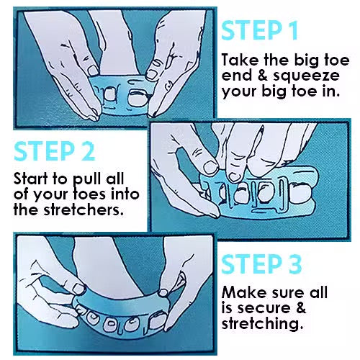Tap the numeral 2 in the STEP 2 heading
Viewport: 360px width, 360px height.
click(88, 151)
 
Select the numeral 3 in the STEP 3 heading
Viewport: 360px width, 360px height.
click(294, 264)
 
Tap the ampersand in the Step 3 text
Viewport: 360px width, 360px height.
click(300, 308)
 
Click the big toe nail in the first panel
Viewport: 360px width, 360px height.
click(136, 97)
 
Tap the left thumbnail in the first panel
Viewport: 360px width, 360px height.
click(93, 71)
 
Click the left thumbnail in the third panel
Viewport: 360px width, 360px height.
click(79, 289)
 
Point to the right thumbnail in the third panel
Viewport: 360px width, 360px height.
click(163, 292)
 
